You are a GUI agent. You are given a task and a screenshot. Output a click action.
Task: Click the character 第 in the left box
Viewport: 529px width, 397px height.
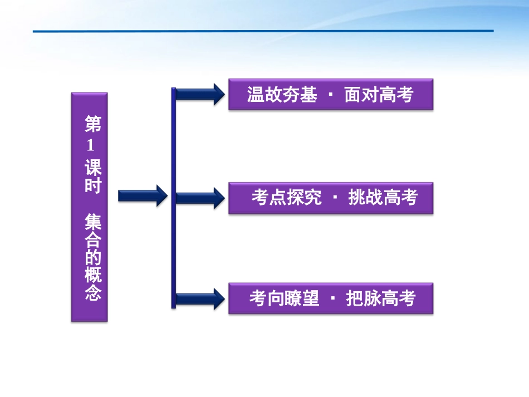pyautogui.click(x=92, y=124)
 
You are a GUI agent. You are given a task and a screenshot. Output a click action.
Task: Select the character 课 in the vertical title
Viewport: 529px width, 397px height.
pyautogui.click(x=92, y=167)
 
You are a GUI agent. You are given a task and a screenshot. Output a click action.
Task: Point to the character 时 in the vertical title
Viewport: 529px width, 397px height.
pyautogui.click(x=92, y=185)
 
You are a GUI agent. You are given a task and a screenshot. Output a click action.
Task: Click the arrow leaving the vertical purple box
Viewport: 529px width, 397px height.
pyautogui.click(x=143, y=195)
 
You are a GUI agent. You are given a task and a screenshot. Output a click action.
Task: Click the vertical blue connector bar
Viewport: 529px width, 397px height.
pyautogui.click(x=174, y=197)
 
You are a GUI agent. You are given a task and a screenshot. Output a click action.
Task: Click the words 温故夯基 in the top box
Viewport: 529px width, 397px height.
pyautogui.click(x=282, y=95)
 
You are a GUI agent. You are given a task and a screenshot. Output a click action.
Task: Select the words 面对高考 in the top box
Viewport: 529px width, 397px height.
pyautogui.click(x=379, y=95)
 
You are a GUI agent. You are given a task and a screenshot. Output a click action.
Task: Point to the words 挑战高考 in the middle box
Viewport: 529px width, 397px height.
pyautogui.click(x=383, y=198)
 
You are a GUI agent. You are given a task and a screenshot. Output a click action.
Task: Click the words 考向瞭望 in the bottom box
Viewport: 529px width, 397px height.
pyautogui.click(x=284, y=298)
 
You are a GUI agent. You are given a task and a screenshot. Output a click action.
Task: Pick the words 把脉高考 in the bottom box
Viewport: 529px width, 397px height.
pyautogui.click(x=381, y=298)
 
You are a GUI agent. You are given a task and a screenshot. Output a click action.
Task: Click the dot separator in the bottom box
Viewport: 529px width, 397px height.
pyautogui.click(x=333, y=298)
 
